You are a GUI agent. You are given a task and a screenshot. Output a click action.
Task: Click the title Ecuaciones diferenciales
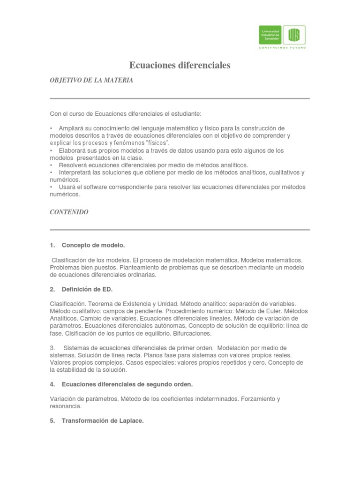point(180,66)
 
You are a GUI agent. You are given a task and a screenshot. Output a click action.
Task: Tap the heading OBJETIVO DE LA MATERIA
point(91,81)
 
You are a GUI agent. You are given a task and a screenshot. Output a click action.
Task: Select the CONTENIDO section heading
point(69,212)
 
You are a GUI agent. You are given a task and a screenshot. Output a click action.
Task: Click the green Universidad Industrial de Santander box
point(270,35)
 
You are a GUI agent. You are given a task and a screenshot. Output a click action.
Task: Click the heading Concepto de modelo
point(93,245)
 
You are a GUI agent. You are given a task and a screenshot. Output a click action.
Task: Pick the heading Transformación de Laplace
point(102,421)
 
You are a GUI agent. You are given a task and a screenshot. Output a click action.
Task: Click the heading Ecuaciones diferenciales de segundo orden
point(127,384)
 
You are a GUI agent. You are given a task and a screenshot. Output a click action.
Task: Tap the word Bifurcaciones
point(191,333)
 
